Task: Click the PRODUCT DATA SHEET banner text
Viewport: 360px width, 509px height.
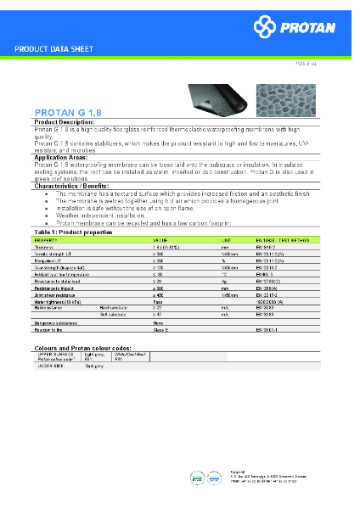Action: point(56,49)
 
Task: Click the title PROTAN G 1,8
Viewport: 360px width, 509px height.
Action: point(69,112)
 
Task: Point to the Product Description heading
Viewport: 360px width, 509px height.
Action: point(65,122)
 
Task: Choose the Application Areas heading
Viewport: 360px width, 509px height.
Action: point(59,158)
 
